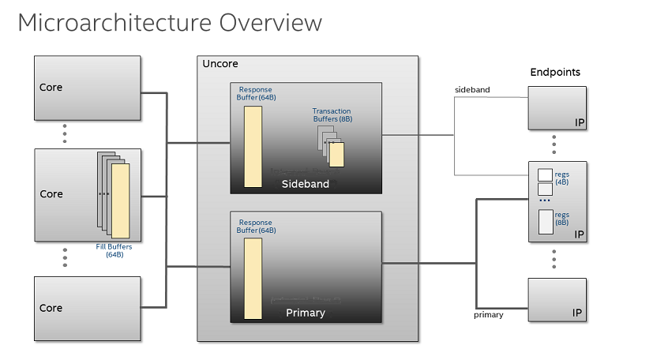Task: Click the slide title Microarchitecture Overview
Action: coord(170,23)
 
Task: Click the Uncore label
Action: coord(220,64)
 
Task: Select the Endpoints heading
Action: coord(554,72)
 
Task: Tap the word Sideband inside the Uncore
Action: coord(306,184)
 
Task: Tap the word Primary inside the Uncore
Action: coord(306,313)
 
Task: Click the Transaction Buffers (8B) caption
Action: coord(332,115)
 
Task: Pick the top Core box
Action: coord(87,87)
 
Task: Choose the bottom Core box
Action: coord(87,307)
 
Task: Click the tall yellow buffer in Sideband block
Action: coord(253,147)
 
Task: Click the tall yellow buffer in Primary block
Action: coord(253,278)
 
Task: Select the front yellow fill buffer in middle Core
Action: coord(120,201)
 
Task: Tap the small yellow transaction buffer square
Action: coord(337,155)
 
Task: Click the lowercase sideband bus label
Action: coord(472,90)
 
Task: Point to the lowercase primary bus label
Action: coord(489,315)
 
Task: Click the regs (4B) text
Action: coord(561,178)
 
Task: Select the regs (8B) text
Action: coord(561,219)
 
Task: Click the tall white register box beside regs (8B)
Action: coord(544,222)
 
